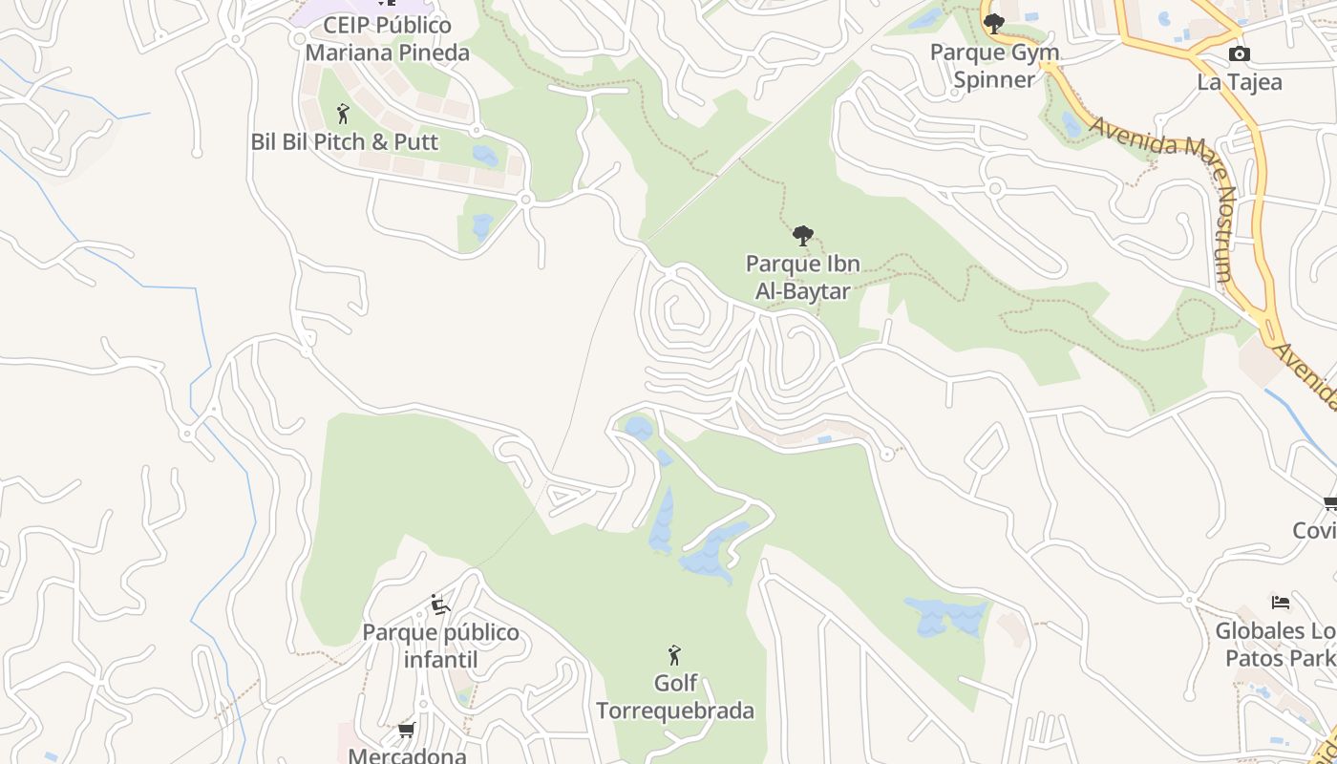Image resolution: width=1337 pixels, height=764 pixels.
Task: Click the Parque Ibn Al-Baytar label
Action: [x=802, y=277]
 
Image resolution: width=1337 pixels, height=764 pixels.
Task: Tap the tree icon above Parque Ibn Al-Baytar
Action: [x=803, y=235]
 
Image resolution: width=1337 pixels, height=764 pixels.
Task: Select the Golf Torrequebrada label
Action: [x=675, y=697]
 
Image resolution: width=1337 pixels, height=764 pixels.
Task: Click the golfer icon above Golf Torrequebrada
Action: [x=675, y=655]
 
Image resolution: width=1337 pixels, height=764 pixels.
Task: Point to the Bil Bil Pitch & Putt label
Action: [x=344, y=142]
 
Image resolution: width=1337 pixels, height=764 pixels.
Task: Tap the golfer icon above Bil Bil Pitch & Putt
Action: [x=344, y=115]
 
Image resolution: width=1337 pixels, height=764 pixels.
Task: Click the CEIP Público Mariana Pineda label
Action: [x=387, y=39]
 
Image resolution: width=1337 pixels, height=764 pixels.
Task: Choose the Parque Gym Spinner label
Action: [x=993, y=66]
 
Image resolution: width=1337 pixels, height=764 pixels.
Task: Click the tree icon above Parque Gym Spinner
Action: [x=994, y=24]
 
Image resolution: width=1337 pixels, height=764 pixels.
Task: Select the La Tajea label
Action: [x=1239, y=82]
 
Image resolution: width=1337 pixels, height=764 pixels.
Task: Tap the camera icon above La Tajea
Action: [x=1239, y=54]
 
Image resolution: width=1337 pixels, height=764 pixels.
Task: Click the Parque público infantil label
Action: [x=440, y=646]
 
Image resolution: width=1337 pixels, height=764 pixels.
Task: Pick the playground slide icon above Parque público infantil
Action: [x=439, y=605]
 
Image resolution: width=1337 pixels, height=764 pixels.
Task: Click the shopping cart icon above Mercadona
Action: [x=406, y=731]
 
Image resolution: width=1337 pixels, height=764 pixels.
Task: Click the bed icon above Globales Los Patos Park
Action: [x=1281, y=603]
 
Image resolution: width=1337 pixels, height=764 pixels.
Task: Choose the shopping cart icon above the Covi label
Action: [x=1330, y=503]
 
